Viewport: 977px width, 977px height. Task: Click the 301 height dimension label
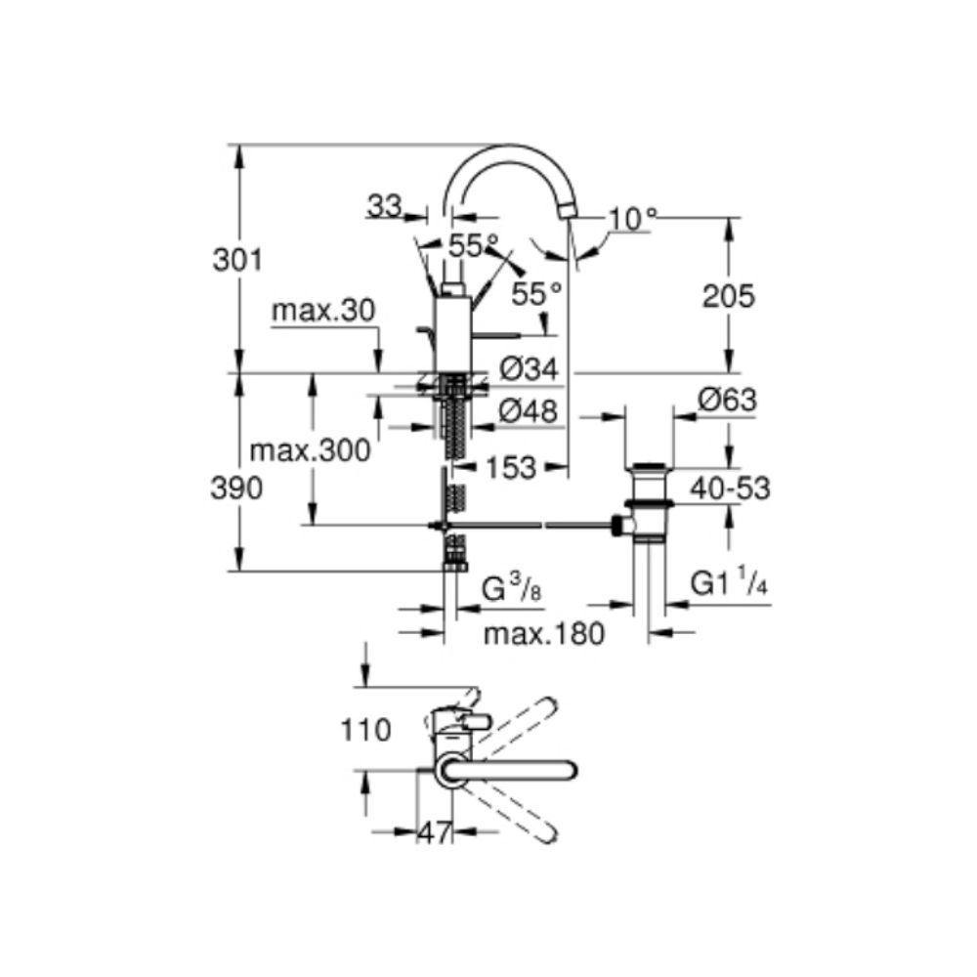[238, 259]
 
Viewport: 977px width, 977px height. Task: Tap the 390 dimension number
[236, 488]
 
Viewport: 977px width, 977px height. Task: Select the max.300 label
[311, 449]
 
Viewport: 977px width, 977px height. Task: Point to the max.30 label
[324, 310]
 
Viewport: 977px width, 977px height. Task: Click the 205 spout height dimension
[729, 296]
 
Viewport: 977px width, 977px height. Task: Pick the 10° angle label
[633, 219]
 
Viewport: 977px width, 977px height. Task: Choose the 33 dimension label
[384, 205]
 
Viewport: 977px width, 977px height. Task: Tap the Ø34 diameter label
[529, 369]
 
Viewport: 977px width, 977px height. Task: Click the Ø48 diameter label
[529, 411]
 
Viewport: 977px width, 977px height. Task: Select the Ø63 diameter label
[727, 400]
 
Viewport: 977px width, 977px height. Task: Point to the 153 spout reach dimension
[511, 467]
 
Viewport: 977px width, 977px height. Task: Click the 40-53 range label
[730, 489]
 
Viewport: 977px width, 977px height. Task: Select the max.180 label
[544, 634]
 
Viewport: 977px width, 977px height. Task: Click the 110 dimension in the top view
[365, 730]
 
